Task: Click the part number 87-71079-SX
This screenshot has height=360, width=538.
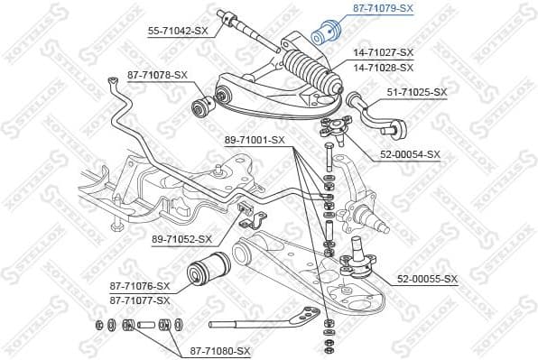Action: (381, 8)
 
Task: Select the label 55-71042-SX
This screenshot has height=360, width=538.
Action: (178, 30)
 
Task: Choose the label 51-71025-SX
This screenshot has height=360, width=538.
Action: (417, 92)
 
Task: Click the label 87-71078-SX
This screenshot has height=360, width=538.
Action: (157, 75)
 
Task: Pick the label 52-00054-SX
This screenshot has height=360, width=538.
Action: (408, 154)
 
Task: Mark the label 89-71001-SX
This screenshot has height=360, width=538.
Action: (255, 140)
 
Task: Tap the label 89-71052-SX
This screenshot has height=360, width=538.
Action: (181, 239)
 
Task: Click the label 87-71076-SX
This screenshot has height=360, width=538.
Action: (139, 285)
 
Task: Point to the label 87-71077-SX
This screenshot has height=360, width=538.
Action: (139, 300)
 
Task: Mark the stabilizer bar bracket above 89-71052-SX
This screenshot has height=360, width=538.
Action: (251, 217)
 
